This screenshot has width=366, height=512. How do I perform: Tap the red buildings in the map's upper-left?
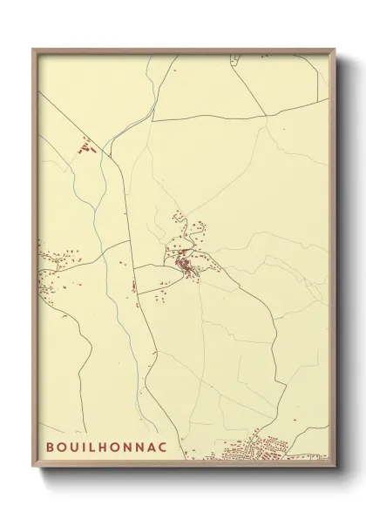85,150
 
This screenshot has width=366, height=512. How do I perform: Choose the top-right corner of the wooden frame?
333,49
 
